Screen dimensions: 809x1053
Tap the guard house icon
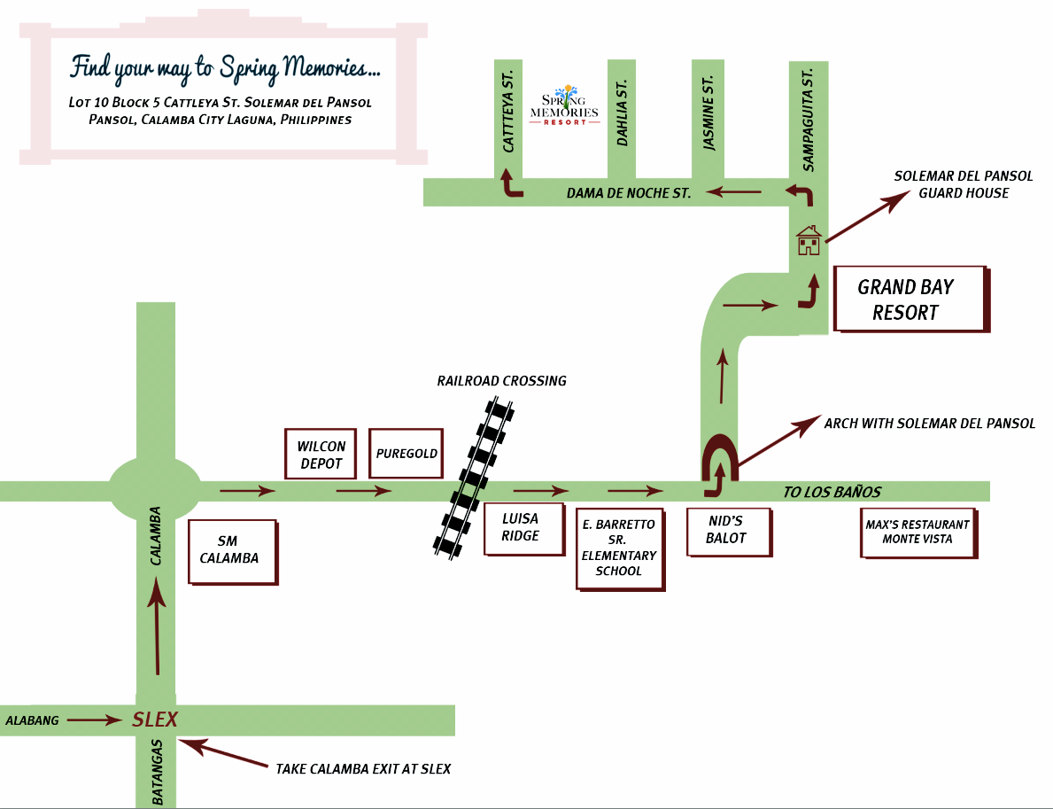coord(809,240)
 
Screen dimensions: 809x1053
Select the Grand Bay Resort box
coord(910,299)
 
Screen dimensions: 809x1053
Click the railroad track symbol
coord(475,478)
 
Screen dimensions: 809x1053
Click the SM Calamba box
coord(232,551)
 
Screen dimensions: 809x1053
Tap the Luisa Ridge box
coord(523,528)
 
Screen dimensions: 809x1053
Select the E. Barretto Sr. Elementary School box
coord(618,548)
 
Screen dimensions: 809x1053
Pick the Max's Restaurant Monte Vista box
coord(918,532)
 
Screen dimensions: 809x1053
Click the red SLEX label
coord(155,720)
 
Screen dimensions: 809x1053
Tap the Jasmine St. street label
coord(708,113)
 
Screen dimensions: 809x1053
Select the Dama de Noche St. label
coord(628,192)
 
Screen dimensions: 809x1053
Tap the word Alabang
coord(32,720)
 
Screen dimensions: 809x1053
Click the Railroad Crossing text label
coord(501,381)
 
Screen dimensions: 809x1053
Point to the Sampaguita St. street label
coord(808,117)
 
